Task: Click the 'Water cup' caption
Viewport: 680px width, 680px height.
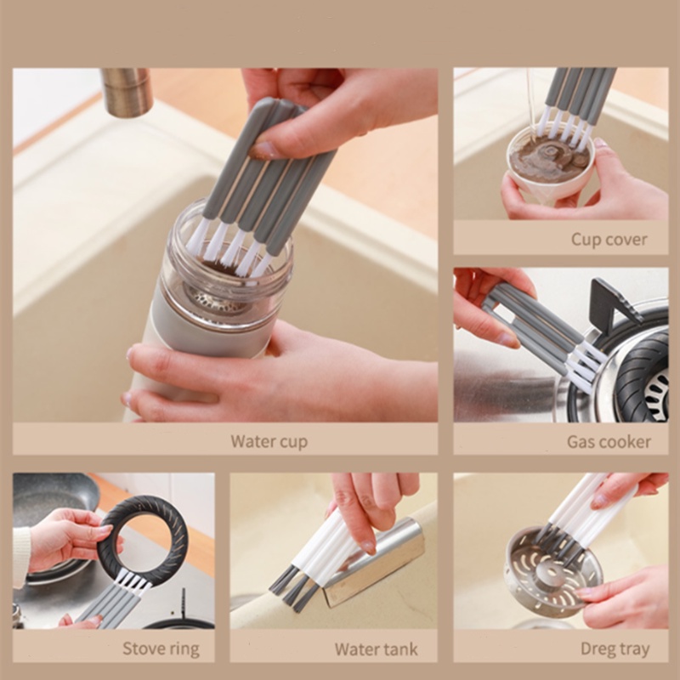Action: (x=269, y=441)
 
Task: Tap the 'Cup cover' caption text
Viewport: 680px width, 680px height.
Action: (x=609, y=239)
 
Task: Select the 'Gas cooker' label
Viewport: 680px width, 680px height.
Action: (x=609, y=441)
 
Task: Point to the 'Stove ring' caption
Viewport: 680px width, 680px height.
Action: (x=161, y=649)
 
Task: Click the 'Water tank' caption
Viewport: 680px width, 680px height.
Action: (x=376, y=649)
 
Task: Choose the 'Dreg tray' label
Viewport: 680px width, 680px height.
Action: (x=615, y=649)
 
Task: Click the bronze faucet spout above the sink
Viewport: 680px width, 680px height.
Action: (x=127, y=92)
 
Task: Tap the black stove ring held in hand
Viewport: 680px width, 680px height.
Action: (x=143, y=542)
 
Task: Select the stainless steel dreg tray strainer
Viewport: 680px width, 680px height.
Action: (x=554, y=571)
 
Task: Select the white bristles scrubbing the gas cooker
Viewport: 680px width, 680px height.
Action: (x=586, y=365)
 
